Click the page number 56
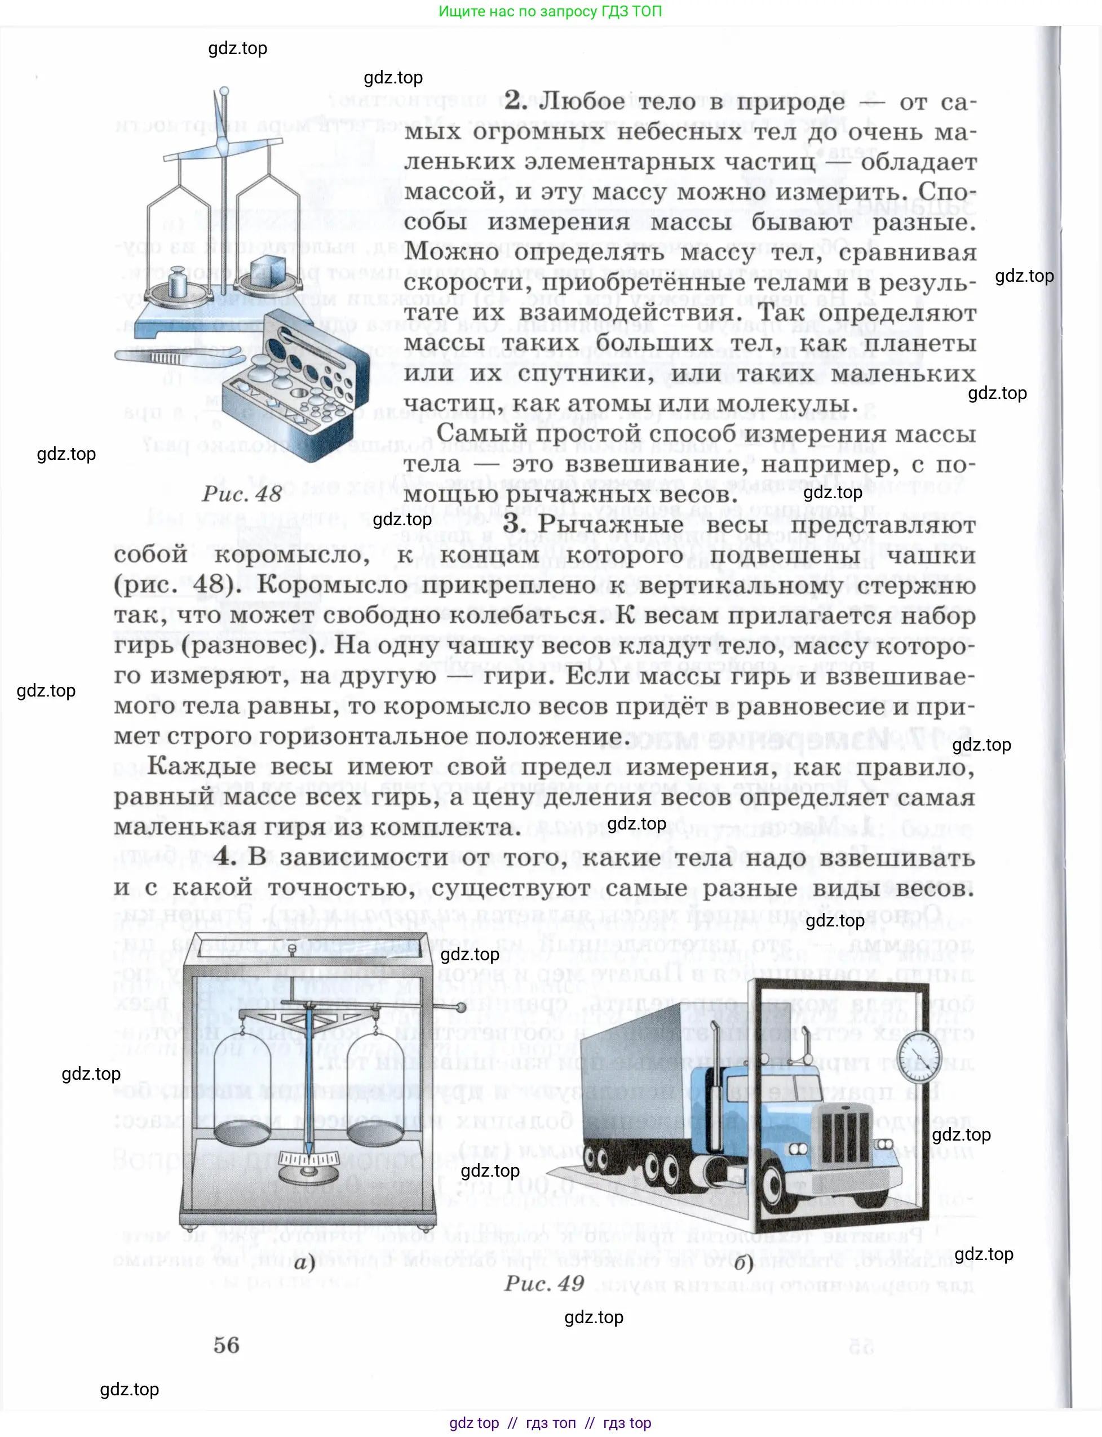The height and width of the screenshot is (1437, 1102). (x=226, y=1346)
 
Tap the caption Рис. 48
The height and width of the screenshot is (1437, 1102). (x=241, y=494)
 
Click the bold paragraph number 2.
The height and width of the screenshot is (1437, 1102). (x=516, y=101)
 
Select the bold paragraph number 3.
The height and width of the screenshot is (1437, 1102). (x=515, y=525)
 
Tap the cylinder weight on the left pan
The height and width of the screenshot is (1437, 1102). (x=178, y=282)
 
